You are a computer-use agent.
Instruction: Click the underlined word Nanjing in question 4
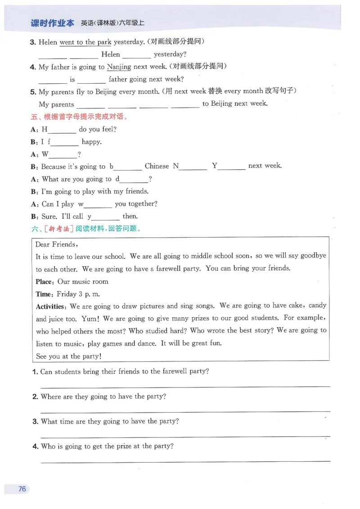(x=119, y=67)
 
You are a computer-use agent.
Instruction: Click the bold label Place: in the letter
(x=45, y=282)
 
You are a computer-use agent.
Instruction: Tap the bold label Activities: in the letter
(x=52, y=306)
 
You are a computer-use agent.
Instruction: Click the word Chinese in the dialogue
(x=157, y=166)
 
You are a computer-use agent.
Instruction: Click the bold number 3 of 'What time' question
(x=35, y=422)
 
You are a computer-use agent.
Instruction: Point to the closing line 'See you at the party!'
(x=68, y=356)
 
